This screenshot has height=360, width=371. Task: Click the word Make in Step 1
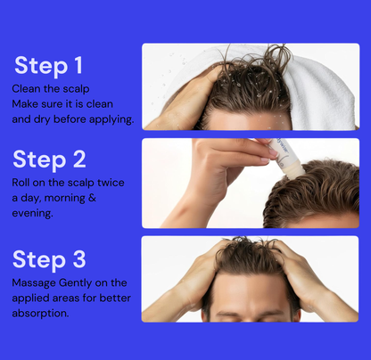pyautogui.click(x=27, y=104)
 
